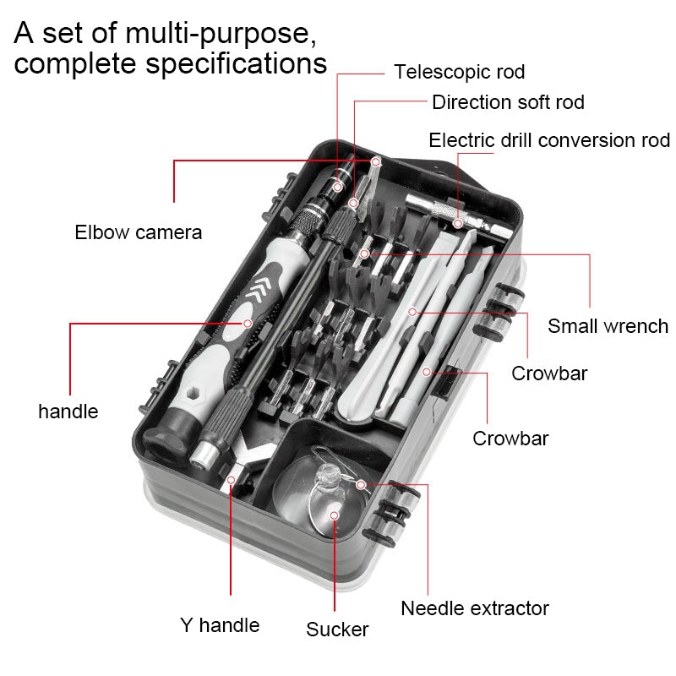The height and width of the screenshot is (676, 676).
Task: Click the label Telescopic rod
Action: pyautogui.click(x=459, y=72)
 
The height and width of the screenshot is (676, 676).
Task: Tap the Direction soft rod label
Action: pyautogui.click(x=508, y=102)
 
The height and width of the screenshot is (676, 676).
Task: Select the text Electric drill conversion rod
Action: pyautogui.click(x=549, y=139)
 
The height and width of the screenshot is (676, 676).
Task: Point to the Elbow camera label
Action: pyautogui.click(x=139, y=232)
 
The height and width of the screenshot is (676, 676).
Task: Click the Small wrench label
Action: pyautogui.click(x=608, y=325)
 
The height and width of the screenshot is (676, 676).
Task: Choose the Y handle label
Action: pyautogui.click(x=220, y=625)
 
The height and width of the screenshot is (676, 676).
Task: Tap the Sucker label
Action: pyautogui.click(x=337, y=630)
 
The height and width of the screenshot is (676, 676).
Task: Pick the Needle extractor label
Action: pyautogui.click(x=475, y=608)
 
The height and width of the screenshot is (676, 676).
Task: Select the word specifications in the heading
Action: pyautogui.click(x=237, y=64)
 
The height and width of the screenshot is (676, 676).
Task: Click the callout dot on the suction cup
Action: pyautogui.click(x=335, y=515)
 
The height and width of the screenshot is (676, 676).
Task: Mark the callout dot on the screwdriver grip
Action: pyautogui.click(x=248, y=323)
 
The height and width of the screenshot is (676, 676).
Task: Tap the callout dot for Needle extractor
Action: pyautogui.click(x=362, y=484)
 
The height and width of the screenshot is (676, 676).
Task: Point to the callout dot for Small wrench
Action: pyautogui.click(x=364, y=253)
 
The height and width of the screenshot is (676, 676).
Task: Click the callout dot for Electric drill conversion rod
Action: pyautogui.click(x=457, y=224)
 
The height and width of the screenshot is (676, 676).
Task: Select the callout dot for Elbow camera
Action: pyautogui.click(x=376, y=161)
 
